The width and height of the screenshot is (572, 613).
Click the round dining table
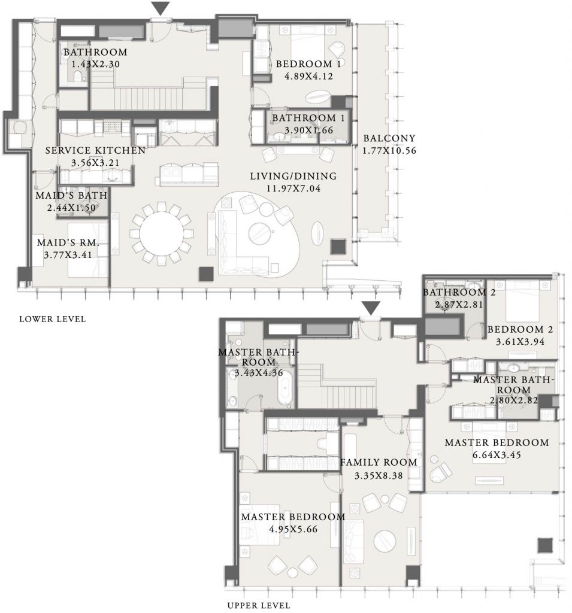tap(161, 234)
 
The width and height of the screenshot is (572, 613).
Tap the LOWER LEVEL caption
tap(53, 319)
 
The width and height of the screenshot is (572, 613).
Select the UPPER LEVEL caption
tap(259, 606)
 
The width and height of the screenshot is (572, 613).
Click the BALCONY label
tap(389, 138)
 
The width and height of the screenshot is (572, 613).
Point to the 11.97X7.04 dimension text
tap(293, 189)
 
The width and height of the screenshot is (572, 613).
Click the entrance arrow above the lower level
tap(161, 8)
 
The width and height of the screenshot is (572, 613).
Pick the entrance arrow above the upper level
tap(371, 308)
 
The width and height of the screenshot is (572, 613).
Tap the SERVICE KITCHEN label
tap(95, 150)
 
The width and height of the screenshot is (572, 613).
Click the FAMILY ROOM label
tap(379, 463)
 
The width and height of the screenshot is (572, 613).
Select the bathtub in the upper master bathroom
tap(285, 387)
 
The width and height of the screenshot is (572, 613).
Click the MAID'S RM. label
tap(68, 243)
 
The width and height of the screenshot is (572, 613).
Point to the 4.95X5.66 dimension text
tap(293, 529)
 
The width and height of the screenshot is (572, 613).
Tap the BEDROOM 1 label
tap(308, 63)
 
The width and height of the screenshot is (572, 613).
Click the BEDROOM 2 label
tap(520, 329)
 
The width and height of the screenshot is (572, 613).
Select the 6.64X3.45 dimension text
tap(497, 455)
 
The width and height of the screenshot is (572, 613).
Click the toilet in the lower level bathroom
tap(77, 76)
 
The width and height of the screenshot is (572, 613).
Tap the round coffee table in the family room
tap(385, 541)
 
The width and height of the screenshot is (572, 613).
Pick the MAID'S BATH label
tap(71, 195)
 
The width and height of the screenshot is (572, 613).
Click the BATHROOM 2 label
tap(459, 292)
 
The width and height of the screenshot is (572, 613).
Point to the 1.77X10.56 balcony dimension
tap(389, 150)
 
